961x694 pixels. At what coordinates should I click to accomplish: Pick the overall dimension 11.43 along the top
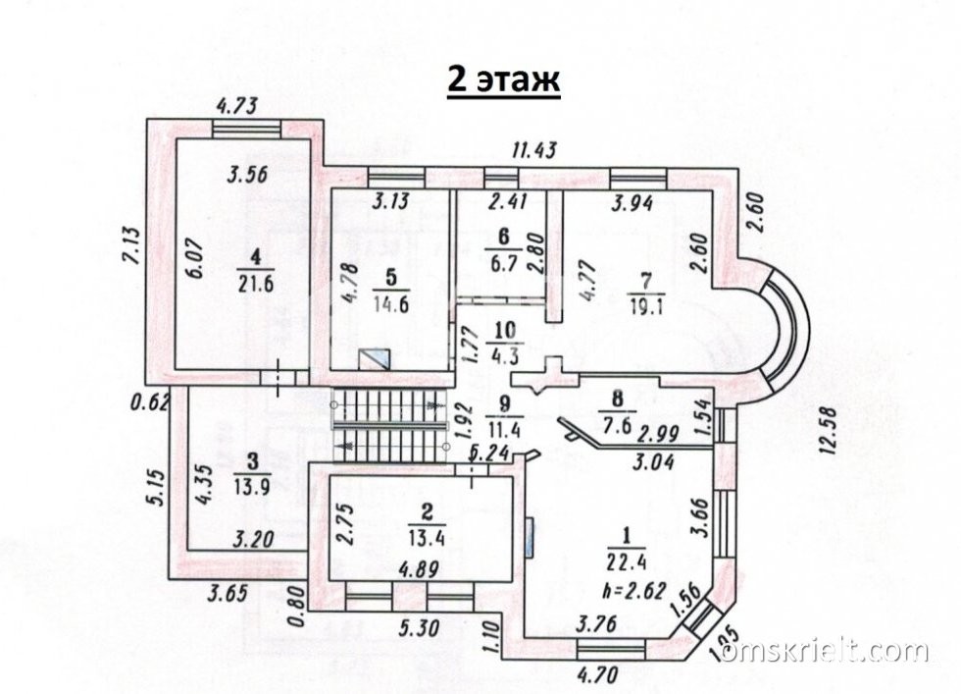click(535, 150)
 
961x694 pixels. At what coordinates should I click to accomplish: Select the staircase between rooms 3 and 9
click(390, 422)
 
